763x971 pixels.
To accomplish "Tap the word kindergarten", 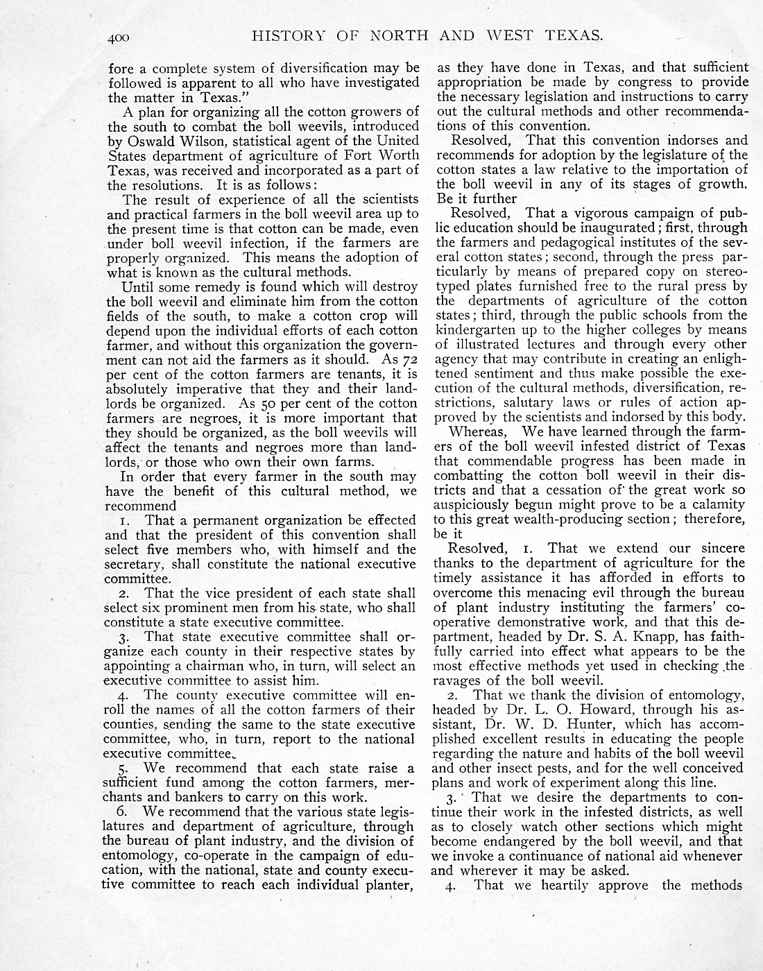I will (x=474, y=329).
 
